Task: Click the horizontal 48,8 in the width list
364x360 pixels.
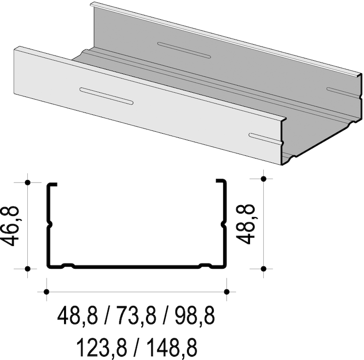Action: [78, 316]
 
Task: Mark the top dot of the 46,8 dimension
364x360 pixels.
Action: [28, 182]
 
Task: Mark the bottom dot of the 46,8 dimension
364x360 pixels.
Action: [28, 269]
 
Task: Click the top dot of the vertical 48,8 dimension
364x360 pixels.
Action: [264, 178]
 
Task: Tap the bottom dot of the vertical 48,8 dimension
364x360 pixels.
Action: [264, 269]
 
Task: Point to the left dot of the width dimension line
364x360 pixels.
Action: [46, 292]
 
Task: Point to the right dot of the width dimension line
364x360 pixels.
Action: [226, 292]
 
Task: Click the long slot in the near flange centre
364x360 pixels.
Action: [106, 96]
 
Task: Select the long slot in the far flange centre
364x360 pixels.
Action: [184, 50]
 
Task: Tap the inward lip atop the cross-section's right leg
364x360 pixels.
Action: [220, 181]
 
